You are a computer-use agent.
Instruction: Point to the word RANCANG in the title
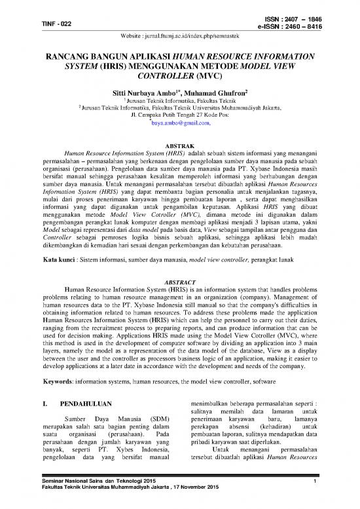[67, 58]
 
